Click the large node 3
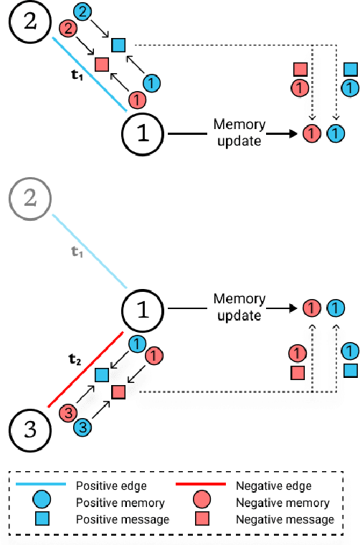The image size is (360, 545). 28,429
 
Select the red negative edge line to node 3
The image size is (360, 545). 86,369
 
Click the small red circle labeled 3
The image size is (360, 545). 66,412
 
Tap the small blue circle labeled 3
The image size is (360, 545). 84,427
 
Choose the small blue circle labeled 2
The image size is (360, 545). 85,11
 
